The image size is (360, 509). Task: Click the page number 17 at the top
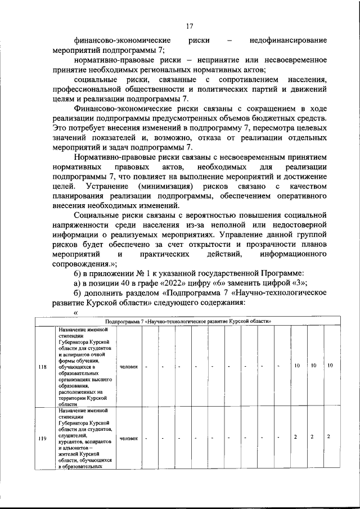[190, 25]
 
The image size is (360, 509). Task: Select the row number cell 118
[42, 366]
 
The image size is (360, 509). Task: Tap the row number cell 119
[42, 438]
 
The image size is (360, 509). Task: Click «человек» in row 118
[128, 366]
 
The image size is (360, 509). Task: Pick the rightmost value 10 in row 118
[330, 366]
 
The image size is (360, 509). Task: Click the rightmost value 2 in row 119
[328, 437]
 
